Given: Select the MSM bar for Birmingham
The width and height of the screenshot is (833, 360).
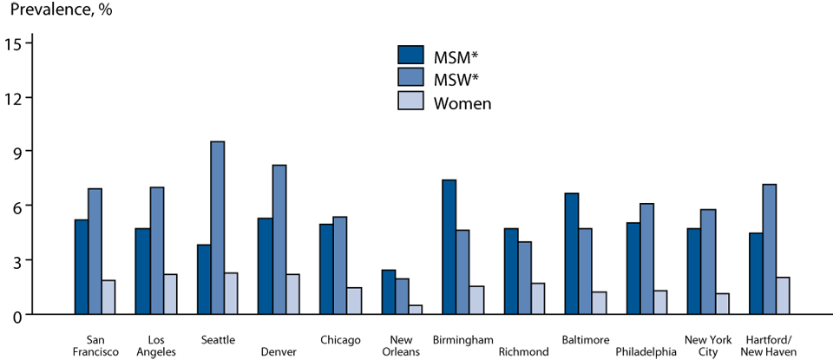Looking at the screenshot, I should coord(449,246).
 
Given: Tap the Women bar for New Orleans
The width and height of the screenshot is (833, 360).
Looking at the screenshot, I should coord(416,309).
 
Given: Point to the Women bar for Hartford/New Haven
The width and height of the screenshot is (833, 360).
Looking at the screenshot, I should coord(783,295).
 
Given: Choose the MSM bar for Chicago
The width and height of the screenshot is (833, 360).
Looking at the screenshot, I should coord(326,269).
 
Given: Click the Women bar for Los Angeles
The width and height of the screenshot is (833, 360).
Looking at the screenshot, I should coord(169,294).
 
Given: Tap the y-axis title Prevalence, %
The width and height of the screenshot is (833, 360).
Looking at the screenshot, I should coord(61,12).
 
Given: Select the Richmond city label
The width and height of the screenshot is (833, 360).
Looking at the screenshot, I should coord(522,352).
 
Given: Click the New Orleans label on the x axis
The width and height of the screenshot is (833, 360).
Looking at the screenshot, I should coord(401,345).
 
